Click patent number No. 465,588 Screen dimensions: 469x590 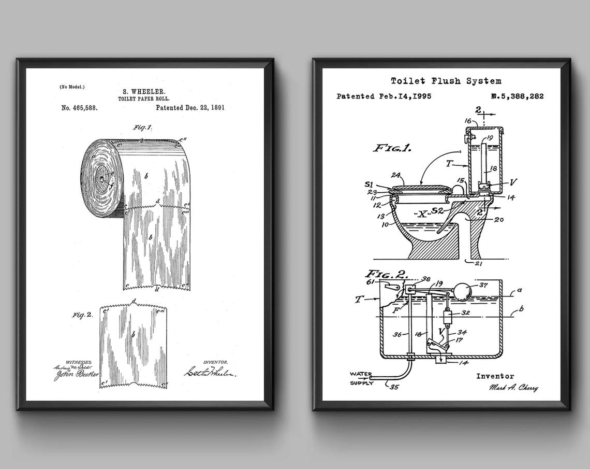click(x=79, y=108)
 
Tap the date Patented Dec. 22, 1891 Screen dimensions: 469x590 click(x=190, y=108)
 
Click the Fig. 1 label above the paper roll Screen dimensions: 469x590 click(x=142, y=127)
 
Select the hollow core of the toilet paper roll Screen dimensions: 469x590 click(x=104, y=179)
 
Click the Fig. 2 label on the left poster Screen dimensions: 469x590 click(x=82, y=315)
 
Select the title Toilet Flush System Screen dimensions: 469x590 click(x=446, y=80)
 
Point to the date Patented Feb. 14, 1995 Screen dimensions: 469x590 click(x=384, y=96)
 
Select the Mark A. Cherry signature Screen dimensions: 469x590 click(x=512, y=388)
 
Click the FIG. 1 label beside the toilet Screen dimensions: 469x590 click(x=392, y=148)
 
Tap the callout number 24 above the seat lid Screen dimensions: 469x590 click(x=396, y=175)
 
